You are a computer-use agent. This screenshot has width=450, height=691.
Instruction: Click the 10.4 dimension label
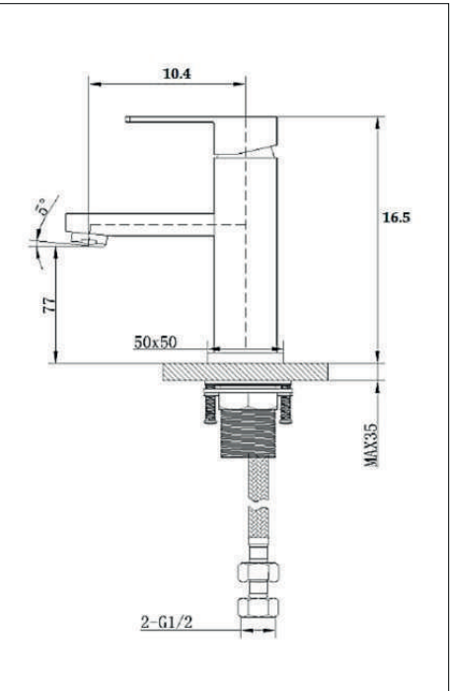point(178,73)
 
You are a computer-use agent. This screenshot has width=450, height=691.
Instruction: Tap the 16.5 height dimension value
point(397,217)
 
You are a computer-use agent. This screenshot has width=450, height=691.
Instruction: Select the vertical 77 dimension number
point(49,305)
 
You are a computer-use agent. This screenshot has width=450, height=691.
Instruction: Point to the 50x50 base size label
point(155,342)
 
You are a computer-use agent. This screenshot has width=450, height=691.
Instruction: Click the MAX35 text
point(371,445)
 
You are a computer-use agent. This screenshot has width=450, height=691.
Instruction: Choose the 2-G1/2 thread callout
point(167,622)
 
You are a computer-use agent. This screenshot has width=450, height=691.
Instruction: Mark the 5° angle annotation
point(42,207)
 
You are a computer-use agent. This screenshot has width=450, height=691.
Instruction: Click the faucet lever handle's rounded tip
point(128,119)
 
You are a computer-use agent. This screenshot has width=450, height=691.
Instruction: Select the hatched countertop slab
point(245,372)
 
